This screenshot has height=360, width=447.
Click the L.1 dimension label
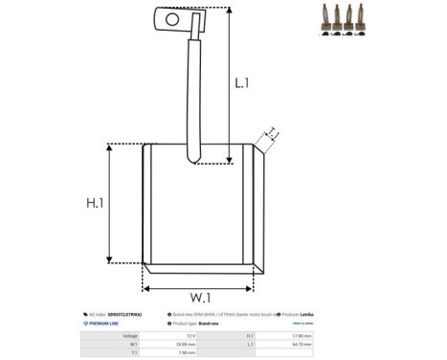243,84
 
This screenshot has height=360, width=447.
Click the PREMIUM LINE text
101,325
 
